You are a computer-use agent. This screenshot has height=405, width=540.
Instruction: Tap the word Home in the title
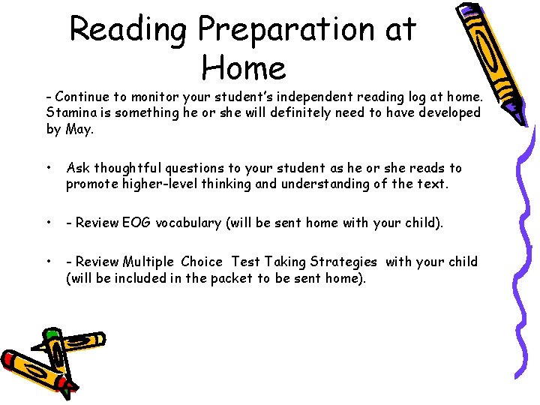pyautogui.click(x=244, y=68)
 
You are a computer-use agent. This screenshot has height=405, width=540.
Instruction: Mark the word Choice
pyautogui.click(x=202, y=262)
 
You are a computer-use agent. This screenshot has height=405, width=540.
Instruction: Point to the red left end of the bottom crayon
pyautogui.click(x=9, y=358)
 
